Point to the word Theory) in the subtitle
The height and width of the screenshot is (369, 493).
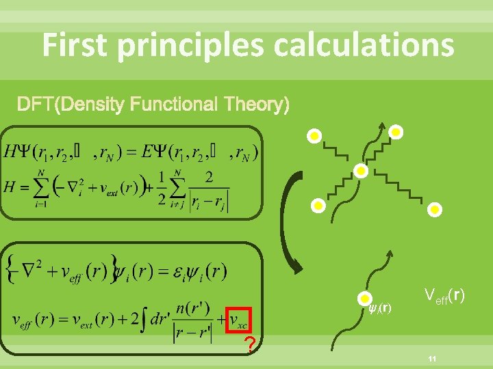pos(256,105)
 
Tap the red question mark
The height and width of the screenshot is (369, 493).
pos(251,345)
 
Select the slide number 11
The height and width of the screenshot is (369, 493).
pos(432,359)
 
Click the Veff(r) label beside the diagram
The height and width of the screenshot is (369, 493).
pos(445,296)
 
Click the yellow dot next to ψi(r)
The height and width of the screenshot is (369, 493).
pos(365,298)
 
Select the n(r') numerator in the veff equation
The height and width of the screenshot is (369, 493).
pos(192,308)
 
